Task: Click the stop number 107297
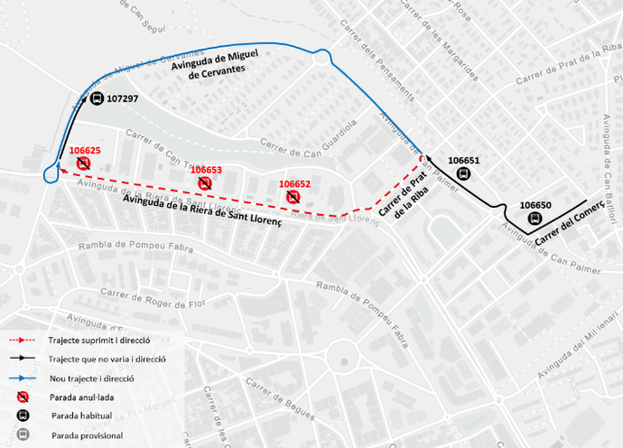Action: point(122,98)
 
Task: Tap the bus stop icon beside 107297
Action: point(97,98)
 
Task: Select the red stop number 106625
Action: point(84,150)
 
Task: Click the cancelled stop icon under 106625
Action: point(83,163)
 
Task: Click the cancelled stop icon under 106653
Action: point(205,183)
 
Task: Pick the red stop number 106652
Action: point(294,183)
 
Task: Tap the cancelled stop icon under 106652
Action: point(293,197)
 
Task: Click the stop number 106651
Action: point(463,161)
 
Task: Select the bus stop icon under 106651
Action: point(463,174)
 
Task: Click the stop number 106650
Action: point(535,205)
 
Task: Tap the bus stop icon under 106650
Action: point(535,219)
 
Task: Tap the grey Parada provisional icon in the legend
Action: point(23,435)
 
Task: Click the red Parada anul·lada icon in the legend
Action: point(23,397)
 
